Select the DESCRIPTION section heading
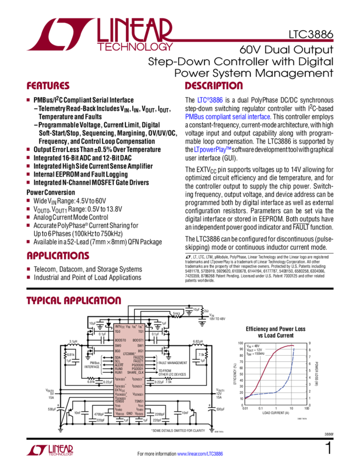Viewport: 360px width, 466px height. point(213,86)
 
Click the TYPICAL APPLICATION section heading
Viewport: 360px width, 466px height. point(73,301)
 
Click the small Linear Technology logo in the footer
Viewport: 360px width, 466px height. point(49,450)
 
